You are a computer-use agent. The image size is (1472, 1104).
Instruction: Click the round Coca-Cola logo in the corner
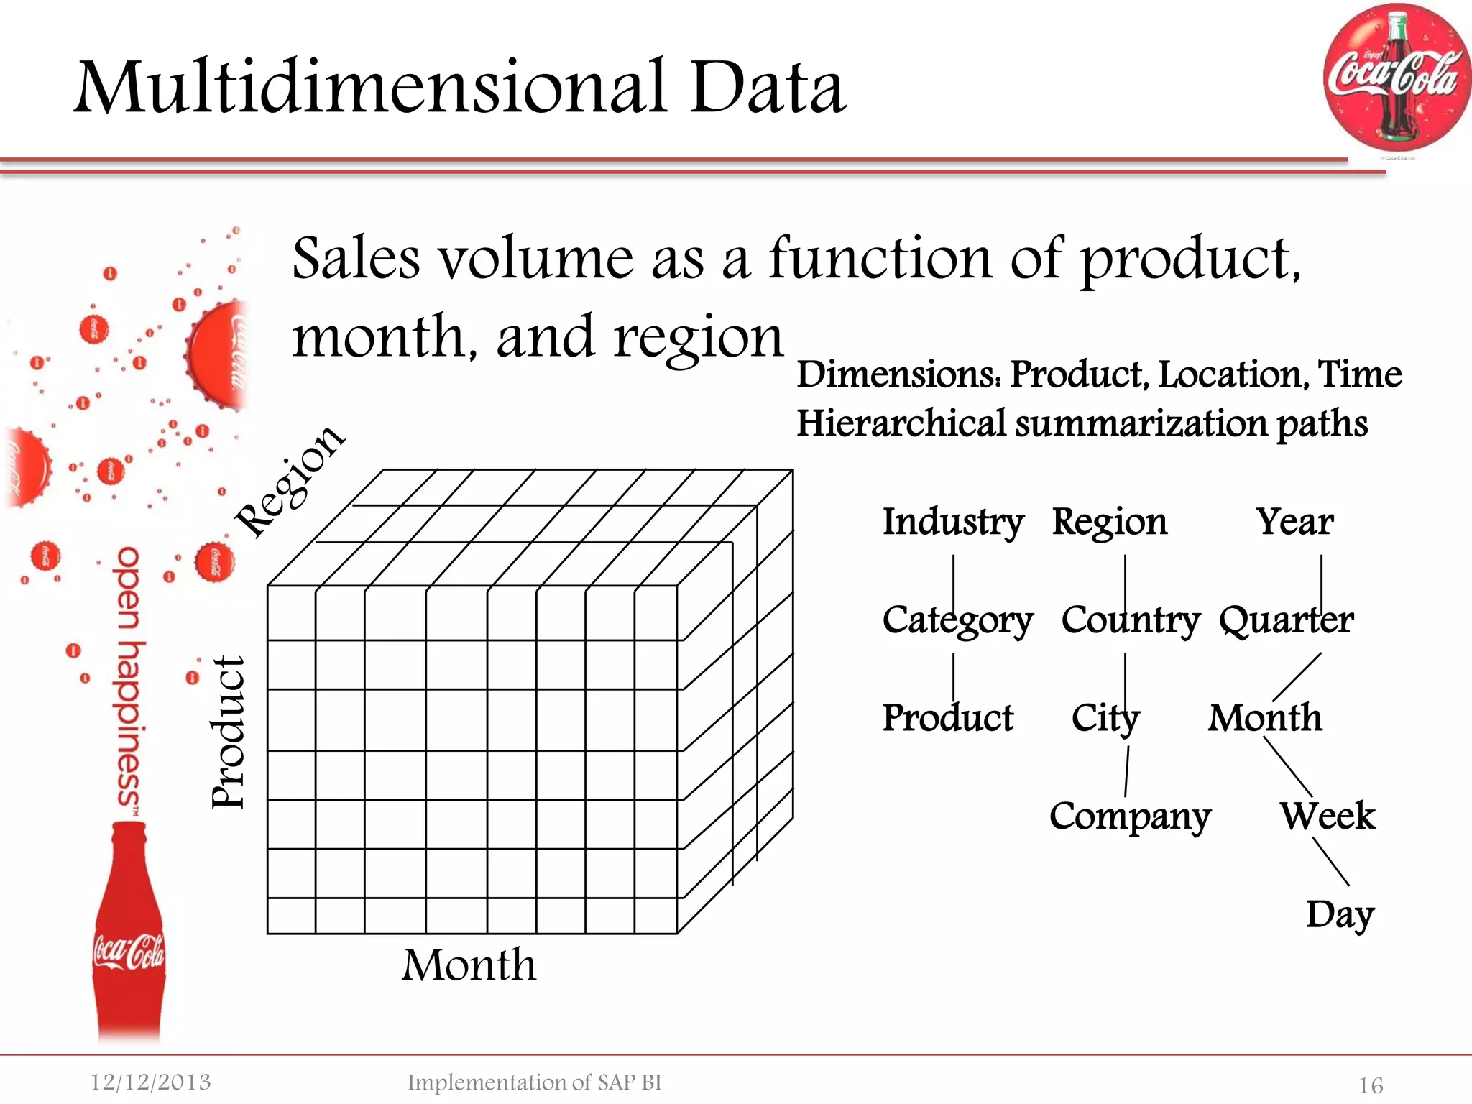(x=1396, y=78)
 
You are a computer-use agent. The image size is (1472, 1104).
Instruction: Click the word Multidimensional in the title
(x=371, y=88)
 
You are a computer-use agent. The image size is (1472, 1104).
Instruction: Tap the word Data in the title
(x=767, y=88)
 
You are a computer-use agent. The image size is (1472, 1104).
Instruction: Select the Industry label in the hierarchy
(x=953, y=522)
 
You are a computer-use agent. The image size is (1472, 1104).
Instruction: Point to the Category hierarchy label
(x=957, y=620)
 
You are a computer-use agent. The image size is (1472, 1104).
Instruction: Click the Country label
(x=1130, y=620)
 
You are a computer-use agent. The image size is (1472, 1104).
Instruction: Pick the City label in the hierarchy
(x=1105, y=718)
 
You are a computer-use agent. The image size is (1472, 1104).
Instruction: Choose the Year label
(x=1294, y=522)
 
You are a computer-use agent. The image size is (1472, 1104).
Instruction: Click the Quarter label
(x=1286, y=620)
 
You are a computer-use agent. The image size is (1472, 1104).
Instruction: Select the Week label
(x=1327, y=816)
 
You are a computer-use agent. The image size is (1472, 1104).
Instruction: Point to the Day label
(x=1340, y=915)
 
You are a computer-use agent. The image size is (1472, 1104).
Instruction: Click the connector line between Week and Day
(x=1331, y=862)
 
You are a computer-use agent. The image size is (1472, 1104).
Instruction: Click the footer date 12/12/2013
(x=151, y=1082)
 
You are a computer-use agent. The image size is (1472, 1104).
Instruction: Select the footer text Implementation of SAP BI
(x=534, y=1082)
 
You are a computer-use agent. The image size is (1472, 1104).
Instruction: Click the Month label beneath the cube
(x=469, y=965)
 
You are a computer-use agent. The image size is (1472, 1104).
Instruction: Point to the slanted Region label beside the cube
(x=290, y=480)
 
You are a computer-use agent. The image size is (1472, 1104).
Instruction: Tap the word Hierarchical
(x=901, y=423)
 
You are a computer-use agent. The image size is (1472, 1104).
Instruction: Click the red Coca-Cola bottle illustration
(x=129, y=934)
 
